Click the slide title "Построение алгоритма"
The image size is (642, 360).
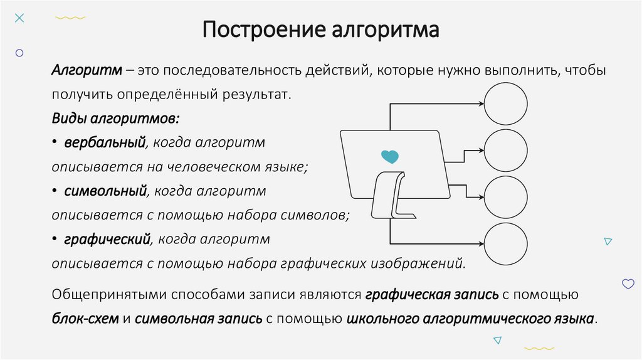[320, 29]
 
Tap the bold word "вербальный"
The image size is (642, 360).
[104, 142]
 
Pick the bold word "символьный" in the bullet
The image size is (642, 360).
[105, 190]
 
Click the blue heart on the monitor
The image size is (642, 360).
[389, 156]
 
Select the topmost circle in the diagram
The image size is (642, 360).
[506, 104]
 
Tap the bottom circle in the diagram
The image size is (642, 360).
[506, 243]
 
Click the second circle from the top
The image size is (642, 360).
[506, 151]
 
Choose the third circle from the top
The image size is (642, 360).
[506, 197]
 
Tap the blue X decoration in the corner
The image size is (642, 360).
[19, 18]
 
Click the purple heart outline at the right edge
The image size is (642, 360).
[628, 284]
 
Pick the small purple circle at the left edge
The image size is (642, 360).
[19, 54]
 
